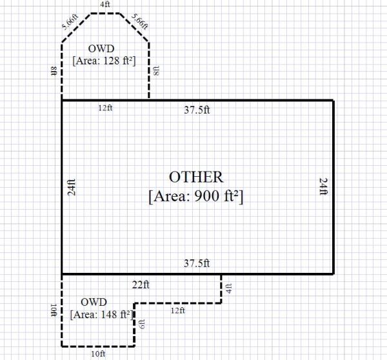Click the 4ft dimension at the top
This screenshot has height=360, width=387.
pyautogui.click(x=105, y=5)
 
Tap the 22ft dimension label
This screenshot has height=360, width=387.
pyautogui.click(x=141, y=285)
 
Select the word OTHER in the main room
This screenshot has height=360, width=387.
pyautogui.click(x=196, y=177)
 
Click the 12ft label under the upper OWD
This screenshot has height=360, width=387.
pyautogui.click(x=105, y=108)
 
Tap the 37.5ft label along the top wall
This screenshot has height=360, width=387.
pyautogui.click(x=197, y=110)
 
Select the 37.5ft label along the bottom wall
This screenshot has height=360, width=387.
pyautogui.click(x=197, y=263)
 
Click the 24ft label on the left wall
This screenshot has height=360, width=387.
pyautogui.click(x=72, y=187)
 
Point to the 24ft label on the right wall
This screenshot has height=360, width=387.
pyautogui.click(x=324, y=186)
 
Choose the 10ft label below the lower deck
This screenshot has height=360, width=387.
pyautogui.click(x=98, y=354)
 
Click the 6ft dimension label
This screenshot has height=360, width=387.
pyautogui.click(x=142, y=324)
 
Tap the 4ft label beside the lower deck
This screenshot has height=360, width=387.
pyautogui.click(x=229, y=288)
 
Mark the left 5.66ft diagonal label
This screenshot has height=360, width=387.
pyautogui.click(x=70, y=22)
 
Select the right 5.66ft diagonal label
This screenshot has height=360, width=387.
pyautogui.click(x=140, y=21)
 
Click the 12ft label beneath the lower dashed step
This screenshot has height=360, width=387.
pyautogui.click(x=178, y=310)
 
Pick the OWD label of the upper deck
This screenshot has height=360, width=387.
pyautogui.click(x=101, y=48)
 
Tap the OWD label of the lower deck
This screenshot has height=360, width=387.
pyautogui.click(x=94, y=302)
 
